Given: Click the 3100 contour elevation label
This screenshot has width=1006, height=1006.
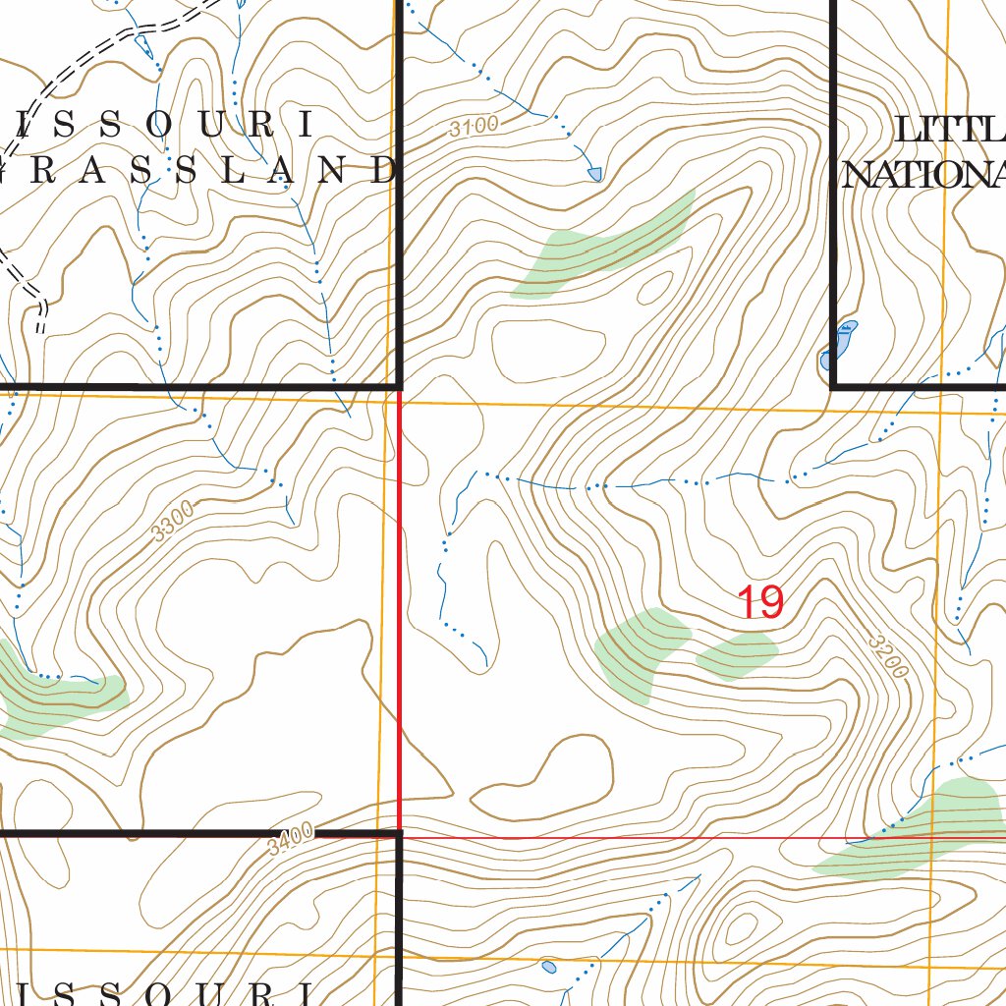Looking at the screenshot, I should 475,126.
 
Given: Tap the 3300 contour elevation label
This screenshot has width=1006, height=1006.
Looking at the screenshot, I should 174,520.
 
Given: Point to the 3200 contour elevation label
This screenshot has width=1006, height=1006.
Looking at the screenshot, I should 887,654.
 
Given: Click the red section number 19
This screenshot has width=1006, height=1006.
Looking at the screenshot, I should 760,602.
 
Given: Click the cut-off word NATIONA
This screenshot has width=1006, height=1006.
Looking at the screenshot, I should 924,175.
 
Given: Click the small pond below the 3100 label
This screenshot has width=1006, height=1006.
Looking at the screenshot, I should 594,174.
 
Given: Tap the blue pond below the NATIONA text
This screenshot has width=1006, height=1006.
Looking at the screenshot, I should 841,344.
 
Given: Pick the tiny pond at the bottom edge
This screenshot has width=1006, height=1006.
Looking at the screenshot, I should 548,968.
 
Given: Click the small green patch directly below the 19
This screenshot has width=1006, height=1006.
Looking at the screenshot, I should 737,655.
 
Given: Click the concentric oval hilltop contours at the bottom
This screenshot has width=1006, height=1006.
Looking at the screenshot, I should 739,928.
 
